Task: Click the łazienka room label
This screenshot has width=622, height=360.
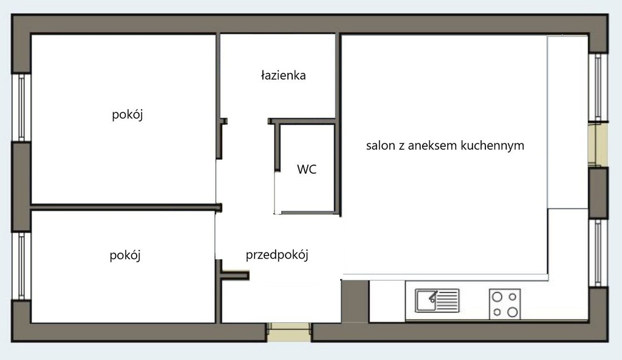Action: [x=283, y=75]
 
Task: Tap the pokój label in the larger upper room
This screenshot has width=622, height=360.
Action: [x=128, y=115]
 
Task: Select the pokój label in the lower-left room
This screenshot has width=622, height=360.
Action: [x=125, y=255]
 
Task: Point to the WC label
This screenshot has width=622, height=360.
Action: [x=307, y=169]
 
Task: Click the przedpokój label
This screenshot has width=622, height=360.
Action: [x=277, y=254]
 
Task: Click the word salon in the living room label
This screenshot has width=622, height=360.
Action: [x=380, y=146]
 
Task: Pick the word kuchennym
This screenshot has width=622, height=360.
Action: [x=492, y=146]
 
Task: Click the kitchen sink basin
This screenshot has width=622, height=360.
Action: [x=425, y=301]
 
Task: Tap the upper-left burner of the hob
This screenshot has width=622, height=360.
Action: [x=497, y=297]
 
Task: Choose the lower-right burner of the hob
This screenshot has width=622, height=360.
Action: [x=513, y=312]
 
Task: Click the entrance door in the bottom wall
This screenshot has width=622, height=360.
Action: [x=289, y=332]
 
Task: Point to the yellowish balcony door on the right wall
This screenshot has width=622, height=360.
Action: [x=598, y=144]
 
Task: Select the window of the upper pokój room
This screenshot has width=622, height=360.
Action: [x=21, y=107]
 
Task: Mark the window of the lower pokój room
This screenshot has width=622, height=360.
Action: [x=21, y=266]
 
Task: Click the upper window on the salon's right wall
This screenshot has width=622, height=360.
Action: [x=598, y=87]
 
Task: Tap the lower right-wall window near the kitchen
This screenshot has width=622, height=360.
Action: [x=598, y=253]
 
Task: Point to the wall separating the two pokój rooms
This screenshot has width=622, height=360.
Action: [x=126, y=208]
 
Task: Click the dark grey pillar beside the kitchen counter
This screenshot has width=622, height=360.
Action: [x=355, y=301]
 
